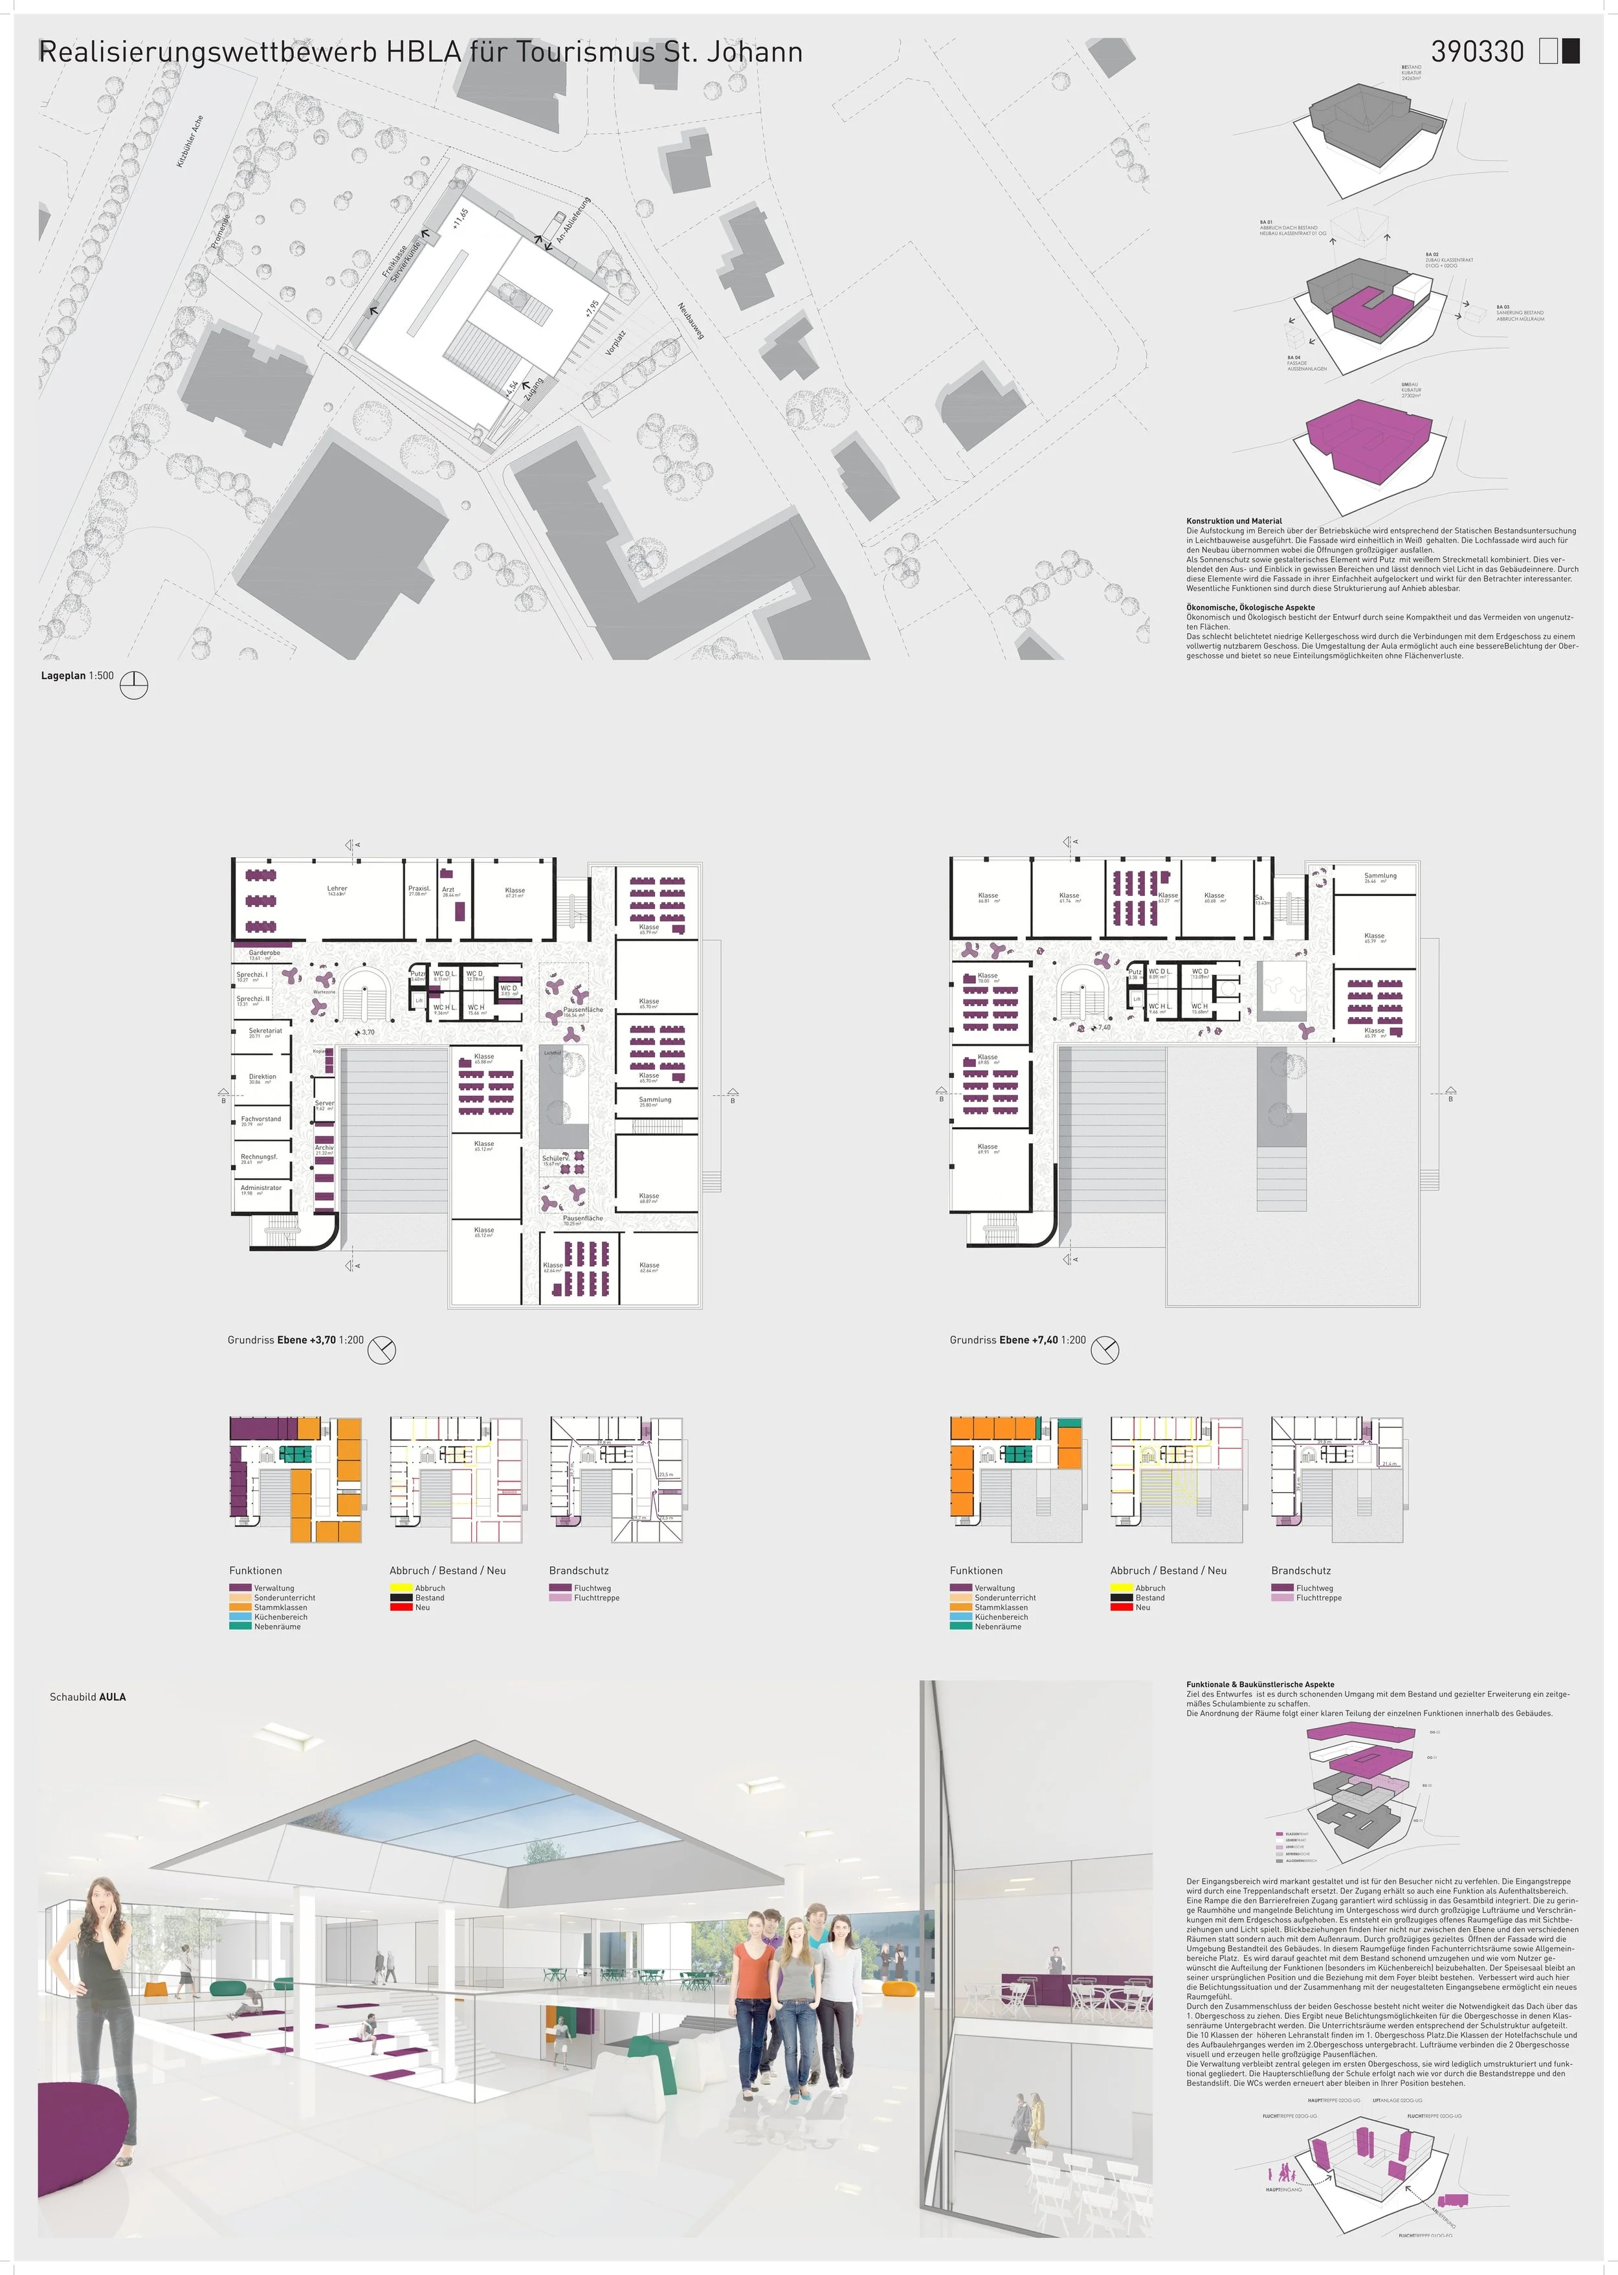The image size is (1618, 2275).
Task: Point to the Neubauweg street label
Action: (691, 321)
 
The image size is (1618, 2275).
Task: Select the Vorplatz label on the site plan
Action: (615, 342)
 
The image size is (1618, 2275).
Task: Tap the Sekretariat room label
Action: (265, 1031)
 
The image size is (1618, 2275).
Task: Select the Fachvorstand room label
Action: (261, 1119)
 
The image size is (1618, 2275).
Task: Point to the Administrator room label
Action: (261, 1188)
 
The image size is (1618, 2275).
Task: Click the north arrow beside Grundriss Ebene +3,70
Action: (382, 1350)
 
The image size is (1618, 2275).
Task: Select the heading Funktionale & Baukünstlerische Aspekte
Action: (1259, 1684)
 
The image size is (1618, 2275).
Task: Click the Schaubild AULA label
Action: (87, 1697)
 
